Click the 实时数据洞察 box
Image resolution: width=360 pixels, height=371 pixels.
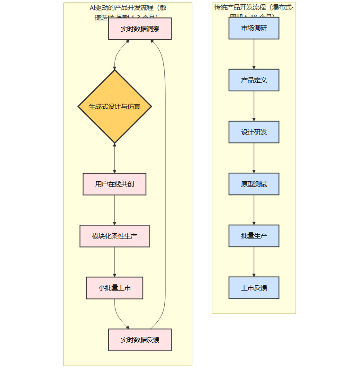140,29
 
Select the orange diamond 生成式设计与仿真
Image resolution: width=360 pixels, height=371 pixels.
115,106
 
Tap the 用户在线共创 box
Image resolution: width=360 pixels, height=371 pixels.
115,184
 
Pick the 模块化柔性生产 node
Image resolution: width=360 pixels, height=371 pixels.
115,236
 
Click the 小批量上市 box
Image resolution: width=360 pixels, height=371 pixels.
115,288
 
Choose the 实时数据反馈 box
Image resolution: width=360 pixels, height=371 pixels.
140,340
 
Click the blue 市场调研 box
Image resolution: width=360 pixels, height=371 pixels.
254,28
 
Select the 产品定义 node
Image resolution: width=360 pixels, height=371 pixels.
254,80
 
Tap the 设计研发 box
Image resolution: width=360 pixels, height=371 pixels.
254,132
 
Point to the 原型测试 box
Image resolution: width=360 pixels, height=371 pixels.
254,184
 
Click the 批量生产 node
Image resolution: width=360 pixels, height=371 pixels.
254,236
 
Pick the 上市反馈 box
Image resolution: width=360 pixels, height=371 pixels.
254,288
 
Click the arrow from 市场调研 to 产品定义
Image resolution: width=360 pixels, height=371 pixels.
254,54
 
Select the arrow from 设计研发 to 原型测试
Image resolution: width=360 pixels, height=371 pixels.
254,158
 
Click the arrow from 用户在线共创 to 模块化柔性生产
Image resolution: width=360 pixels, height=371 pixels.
115,210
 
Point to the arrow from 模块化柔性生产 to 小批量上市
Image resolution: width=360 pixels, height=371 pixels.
115,262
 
